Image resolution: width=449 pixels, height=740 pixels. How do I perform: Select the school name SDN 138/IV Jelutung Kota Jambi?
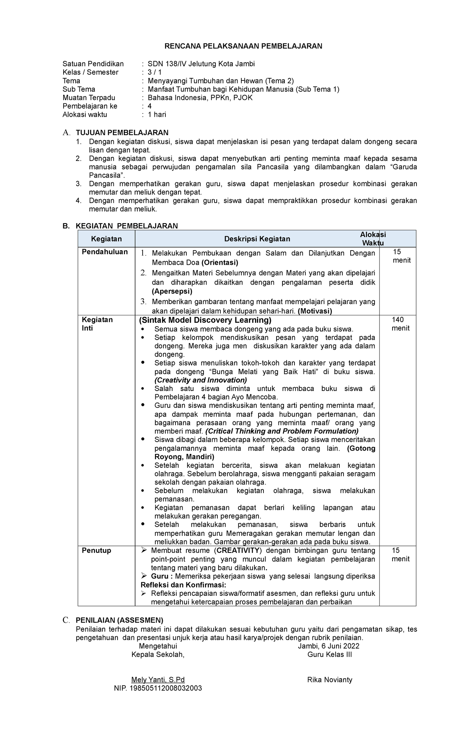click(201, 64)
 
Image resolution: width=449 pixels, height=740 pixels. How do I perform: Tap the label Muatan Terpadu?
click(89, 98)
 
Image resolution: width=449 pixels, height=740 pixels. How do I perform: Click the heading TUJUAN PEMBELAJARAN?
click(122, 133)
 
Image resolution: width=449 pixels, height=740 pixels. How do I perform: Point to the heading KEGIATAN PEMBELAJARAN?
click(126, 226)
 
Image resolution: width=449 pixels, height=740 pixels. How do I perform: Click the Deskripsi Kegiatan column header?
click(257, 239)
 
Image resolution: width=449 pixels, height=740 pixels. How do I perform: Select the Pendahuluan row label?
click(105, 252)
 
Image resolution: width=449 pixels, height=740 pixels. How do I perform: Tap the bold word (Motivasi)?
click(315, 311)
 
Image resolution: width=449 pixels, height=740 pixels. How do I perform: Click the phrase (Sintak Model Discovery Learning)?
click(205, 320)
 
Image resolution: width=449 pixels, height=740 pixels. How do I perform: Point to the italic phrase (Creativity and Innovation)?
click(201, 380)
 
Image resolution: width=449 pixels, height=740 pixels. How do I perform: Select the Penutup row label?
click(97, 551)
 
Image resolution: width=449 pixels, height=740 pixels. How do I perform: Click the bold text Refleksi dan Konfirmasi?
click(183, 585)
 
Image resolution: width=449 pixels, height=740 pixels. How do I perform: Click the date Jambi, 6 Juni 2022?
click(329, 646)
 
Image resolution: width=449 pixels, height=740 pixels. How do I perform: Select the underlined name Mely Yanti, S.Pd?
click(158, 680)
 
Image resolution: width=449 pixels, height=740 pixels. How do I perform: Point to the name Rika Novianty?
click(330, 680)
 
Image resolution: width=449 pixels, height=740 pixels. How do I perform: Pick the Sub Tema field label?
click(79, 89)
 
